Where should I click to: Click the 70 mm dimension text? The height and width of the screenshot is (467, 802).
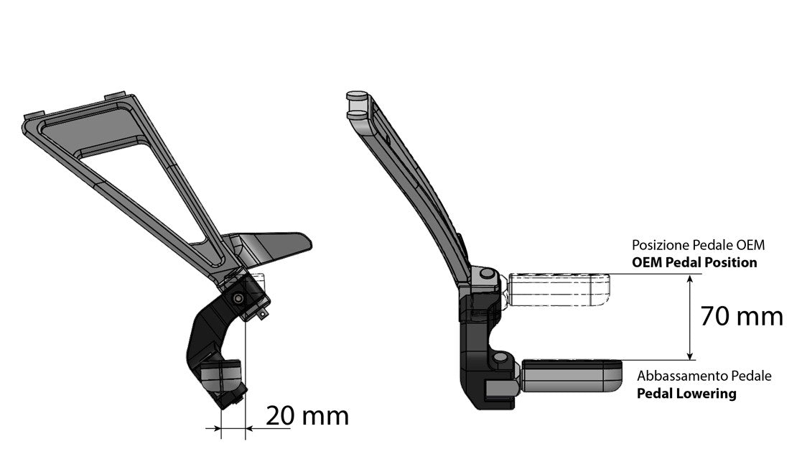point(741,317)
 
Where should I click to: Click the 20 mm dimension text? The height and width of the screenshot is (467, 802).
point(307,415)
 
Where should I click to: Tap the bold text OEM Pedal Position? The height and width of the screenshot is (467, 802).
point(694,262)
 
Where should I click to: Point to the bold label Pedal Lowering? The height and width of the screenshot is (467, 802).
point(686,394)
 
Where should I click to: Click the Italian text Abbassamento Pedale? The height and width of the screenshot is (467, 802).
point(704,376)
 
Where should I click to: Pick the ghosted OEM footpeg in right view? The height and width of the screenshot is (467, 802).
point(560,289)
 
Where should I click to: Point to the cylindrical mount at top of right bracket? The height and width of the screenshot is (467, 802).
point(357,104)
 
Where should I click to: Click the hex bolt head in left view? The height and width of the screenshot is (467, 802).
point(238,298)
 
